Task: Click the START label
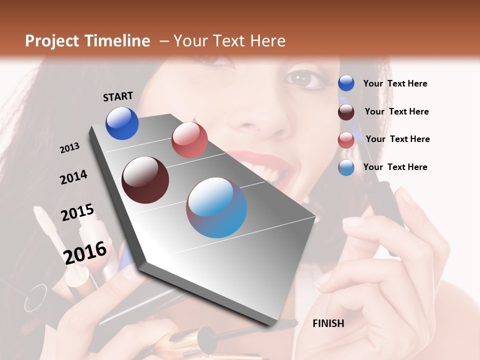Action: tap(118, 96)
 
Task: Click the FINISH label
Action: tap(328, 323)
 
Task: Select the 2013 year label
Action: tap(69, 148)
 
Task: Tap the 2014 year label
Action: tap(73, 177)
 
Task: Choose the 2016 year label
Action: tap(85, 252)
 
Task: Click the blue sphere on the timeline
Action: tap(122, 123)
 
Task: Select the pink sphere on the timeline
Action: tap(189, 140)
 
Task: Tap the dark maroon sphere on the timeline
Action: tap(145, 180)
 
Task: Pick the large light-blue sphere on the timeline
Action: tap(216, 207)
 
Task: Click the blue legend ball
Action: tap(346, 83)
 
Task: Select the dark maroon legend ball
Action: tap(346, 112)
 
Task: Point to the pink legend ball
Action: tap(346, 140)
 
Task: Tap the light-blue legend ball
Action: tap(346, 167)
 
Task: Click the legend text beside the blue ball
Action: tap(395, 84)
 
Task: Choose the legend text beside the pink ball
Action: tap(397, 139)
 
